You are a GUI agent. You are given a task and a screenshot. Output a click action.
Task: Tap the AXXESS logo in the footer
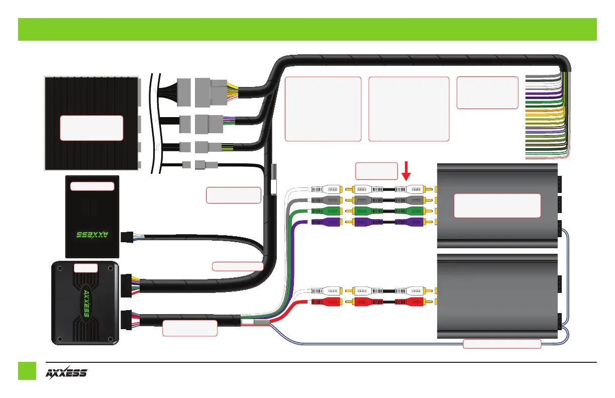tap(67, 373)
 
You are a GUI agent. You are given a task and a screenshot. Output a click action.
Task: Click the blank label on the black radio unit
tap(91, 128)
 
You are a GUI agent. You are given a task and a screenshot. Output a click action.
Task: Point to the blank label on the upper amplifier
tap(497, 205)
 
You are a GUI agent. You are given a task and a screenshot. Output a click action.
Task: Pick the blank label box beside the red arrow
tap(376, 170)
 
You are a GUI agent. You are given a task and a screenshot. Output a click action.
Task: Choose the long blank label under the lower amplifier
tap(501, 344)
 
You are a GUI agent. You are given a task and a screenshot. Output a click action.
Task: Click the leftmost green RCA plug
tap(327, 211)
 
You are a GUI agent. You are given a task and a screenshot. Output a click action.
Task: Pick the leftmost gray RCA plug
tap(327, 200)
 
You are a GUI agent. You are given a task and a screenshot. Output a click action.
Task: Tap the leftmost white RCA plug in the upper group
tap(327, 189)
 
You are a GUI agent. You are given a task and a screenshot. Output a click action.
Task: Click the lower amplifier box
tap(497, 296)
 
